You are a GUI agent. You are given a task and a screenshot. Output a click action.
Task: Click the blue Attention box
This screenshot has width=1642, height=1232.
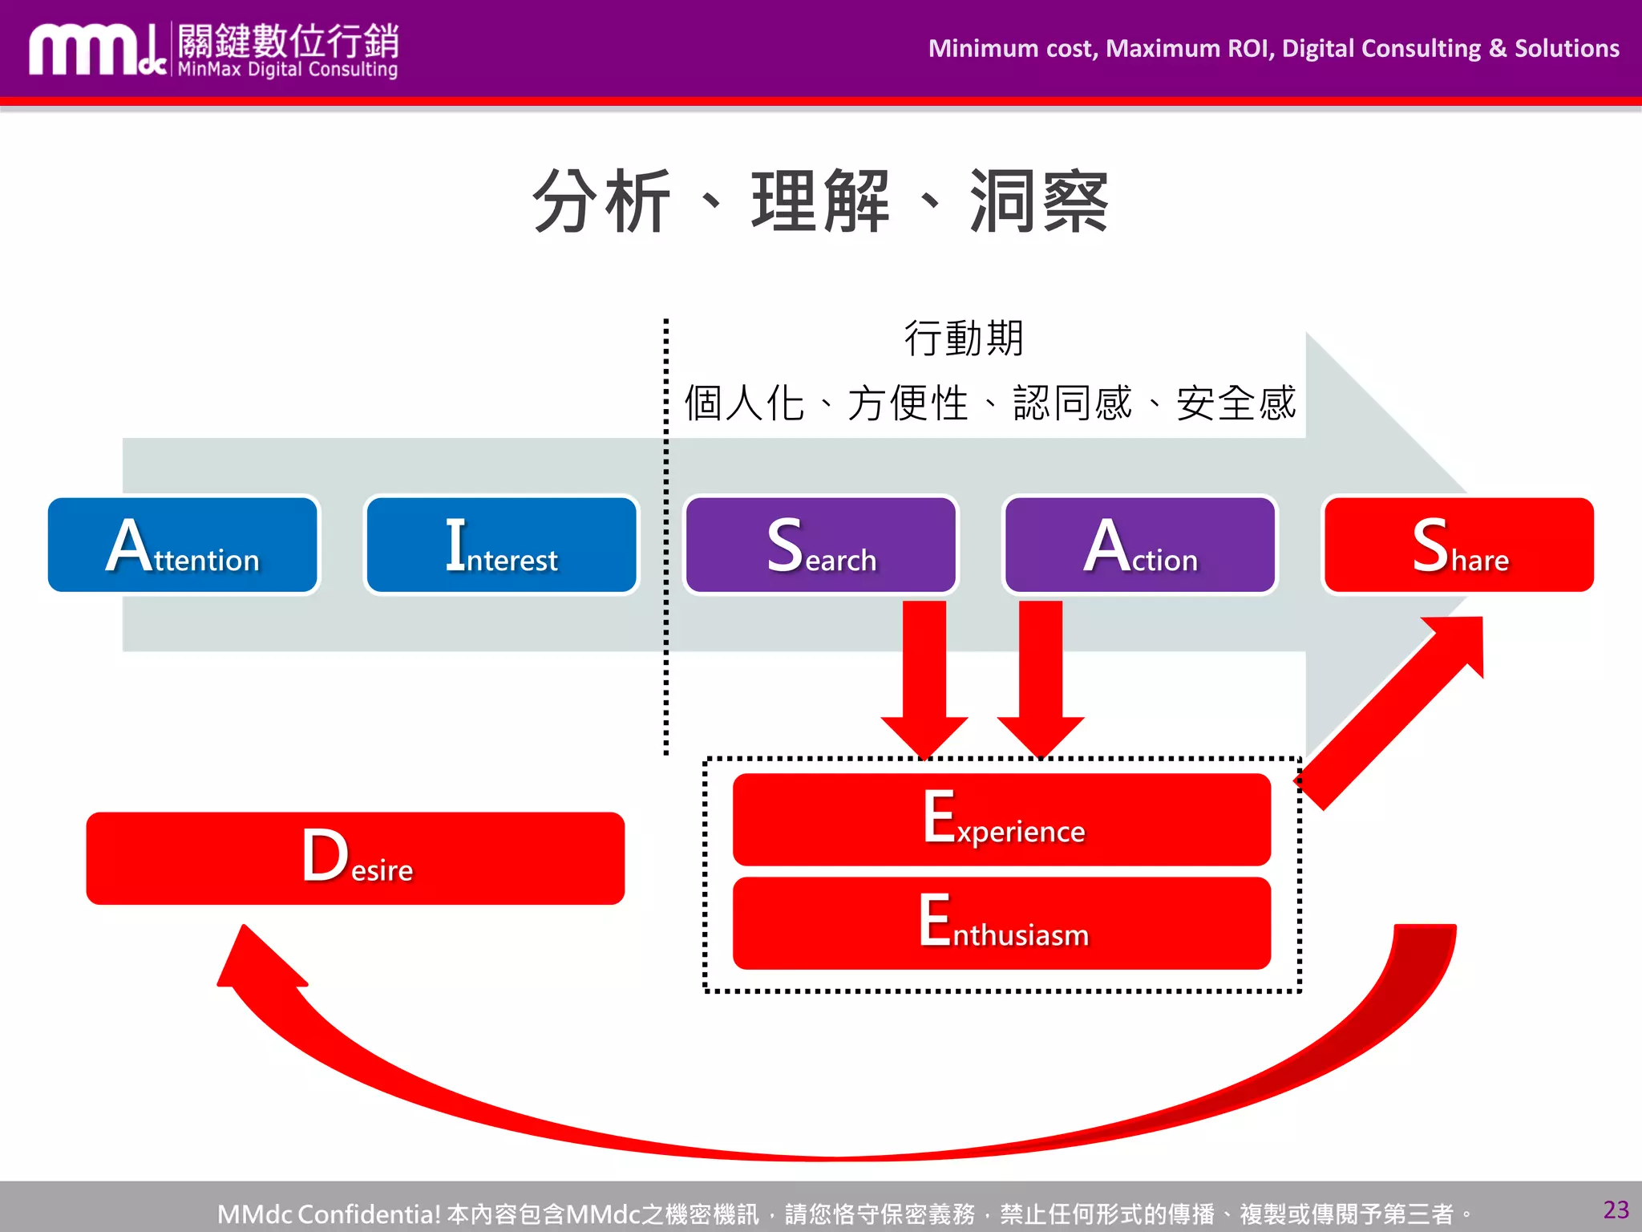[183, 545]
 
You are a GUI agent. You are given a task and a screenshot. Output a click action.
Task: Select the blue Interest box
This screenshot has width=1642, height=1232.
[501, 545]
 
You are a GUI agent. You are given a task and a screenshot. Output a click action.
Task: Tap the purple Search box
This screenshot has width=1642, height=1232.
[821, 545]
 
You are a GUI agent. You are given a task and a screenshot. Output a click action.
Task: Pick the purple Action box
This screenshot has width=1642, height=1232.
[1139, 545]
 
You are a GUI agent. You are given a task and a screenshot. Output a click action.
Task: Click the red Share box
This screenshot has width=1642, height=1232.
[1458, 545]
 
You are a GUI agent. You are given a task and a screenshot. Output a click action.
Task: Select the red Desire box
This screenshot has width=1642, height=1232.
[355, 858]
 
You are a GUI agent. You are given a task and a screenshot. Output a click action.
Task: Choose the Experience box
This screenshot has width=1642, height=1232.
[1001, 819]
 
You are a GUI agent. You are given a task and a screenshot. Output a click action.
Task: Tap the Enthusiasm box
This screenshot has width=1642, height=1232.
[1001, 923]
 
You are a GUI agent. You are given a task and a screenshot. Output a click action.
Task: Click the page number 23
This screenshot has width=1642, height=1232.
[1616, 1210]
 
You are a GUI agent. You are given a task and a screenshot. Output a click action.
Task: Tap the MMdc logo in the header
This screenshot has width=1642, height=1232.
[96, 51]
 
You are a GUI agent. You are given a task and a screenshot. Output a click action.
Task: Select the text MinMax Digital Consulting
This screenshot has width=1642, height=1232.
[287, 70]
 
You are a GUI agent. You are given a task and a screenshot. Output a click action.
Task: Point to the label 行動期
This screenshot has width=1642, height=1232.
[964, 338]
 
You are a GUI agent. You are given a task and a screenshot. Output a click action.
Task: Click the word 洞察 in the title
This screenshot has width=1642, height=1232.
[1039, 201]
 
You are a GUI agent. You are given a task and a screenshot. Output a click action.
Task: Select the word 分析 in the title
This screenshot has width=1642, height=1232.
[601, 201]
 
